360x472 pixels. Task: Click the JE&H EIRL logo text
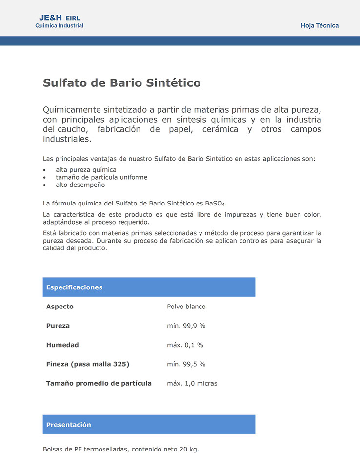59,18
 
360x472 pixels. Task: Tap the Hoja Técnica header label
320,26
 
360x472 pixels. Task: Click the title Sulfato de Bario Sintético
121,83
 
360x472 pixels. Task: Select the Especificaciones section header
74,287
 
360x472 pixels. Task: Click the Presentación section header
69,425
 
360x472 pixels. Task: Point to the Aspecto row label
60,307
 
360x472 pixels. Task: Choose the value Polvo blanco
186,307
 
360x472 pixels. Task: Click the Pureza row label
58,326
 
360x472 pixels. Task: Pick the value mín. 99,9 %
186,326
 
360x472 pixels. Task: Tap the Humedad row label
62,345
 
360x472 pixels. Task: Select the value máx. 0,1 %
185,345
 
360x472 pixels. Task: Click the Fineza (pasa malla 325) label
88,364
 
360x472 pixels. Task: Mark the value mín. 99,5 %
186,364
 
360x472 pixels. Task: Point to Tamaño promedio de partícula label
99,383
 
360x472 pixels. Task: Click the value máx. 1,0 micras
192,383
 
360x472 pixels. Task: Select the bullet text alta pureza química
86,170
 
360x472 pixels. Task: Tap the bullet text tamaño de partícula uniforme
101,177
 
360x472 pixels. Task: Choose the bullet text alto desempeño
80,185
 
